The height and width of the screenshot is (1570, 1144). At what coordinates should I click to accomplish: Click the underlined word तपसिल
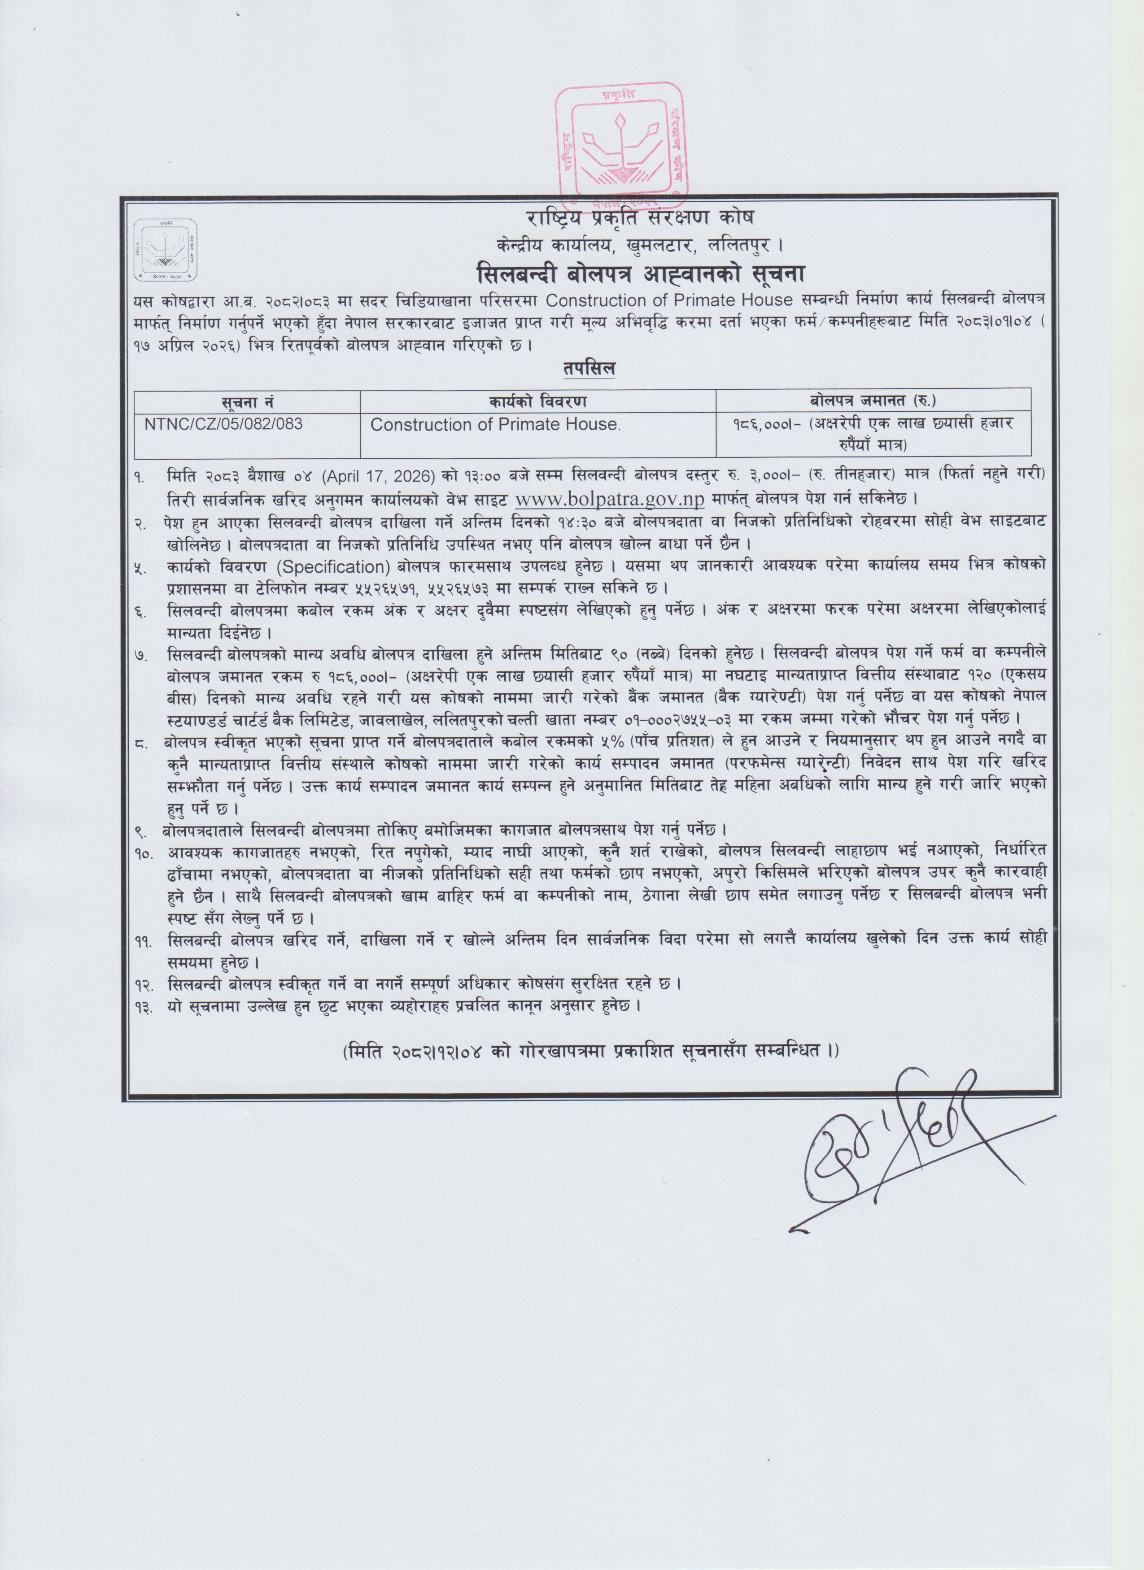tap(589, 369)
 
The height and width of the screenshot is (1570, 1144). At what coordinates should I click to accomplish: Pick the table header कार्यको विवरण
tap(537, 401)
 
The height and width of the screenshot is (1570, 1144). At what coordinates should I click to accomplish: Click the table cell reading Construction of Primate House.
tap(495, 424)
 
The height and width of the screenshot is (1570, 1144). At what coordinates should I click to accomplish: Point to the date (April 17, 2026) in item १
tap(381, 476)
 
